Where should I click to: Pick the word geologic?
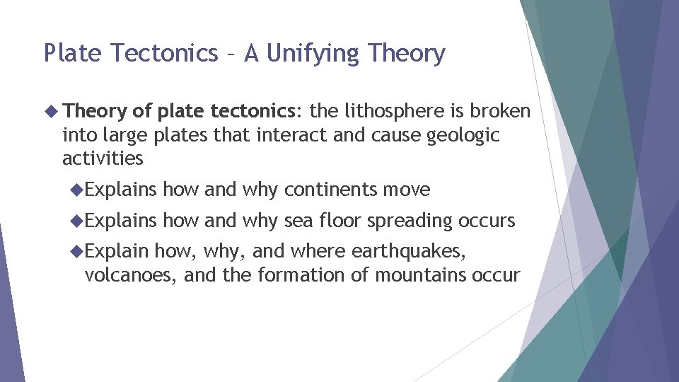coord(463,135)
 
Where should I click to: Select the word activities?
coord(103,158)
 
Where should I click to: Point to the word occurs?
coord(487,221)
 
